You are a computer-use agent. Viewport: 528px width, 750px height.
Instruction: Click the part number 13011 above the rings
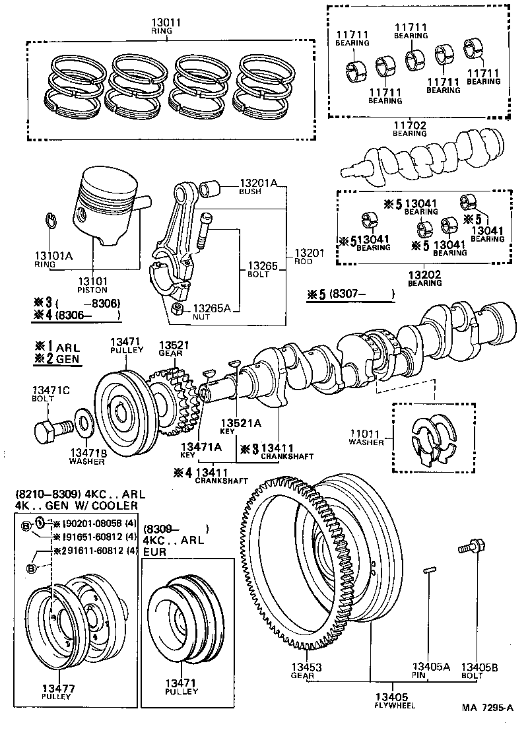click(x=166, y=22)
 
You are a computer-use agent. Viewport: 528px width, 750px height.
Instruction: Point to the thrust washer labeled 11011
click(x=430, y=440)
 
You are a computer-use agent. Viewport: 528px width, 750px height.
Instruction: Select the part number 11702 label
click(x=409, y=125)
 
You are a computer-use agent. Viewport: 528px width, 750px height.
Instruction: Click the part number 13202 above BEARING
click(x=424, y=274)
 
